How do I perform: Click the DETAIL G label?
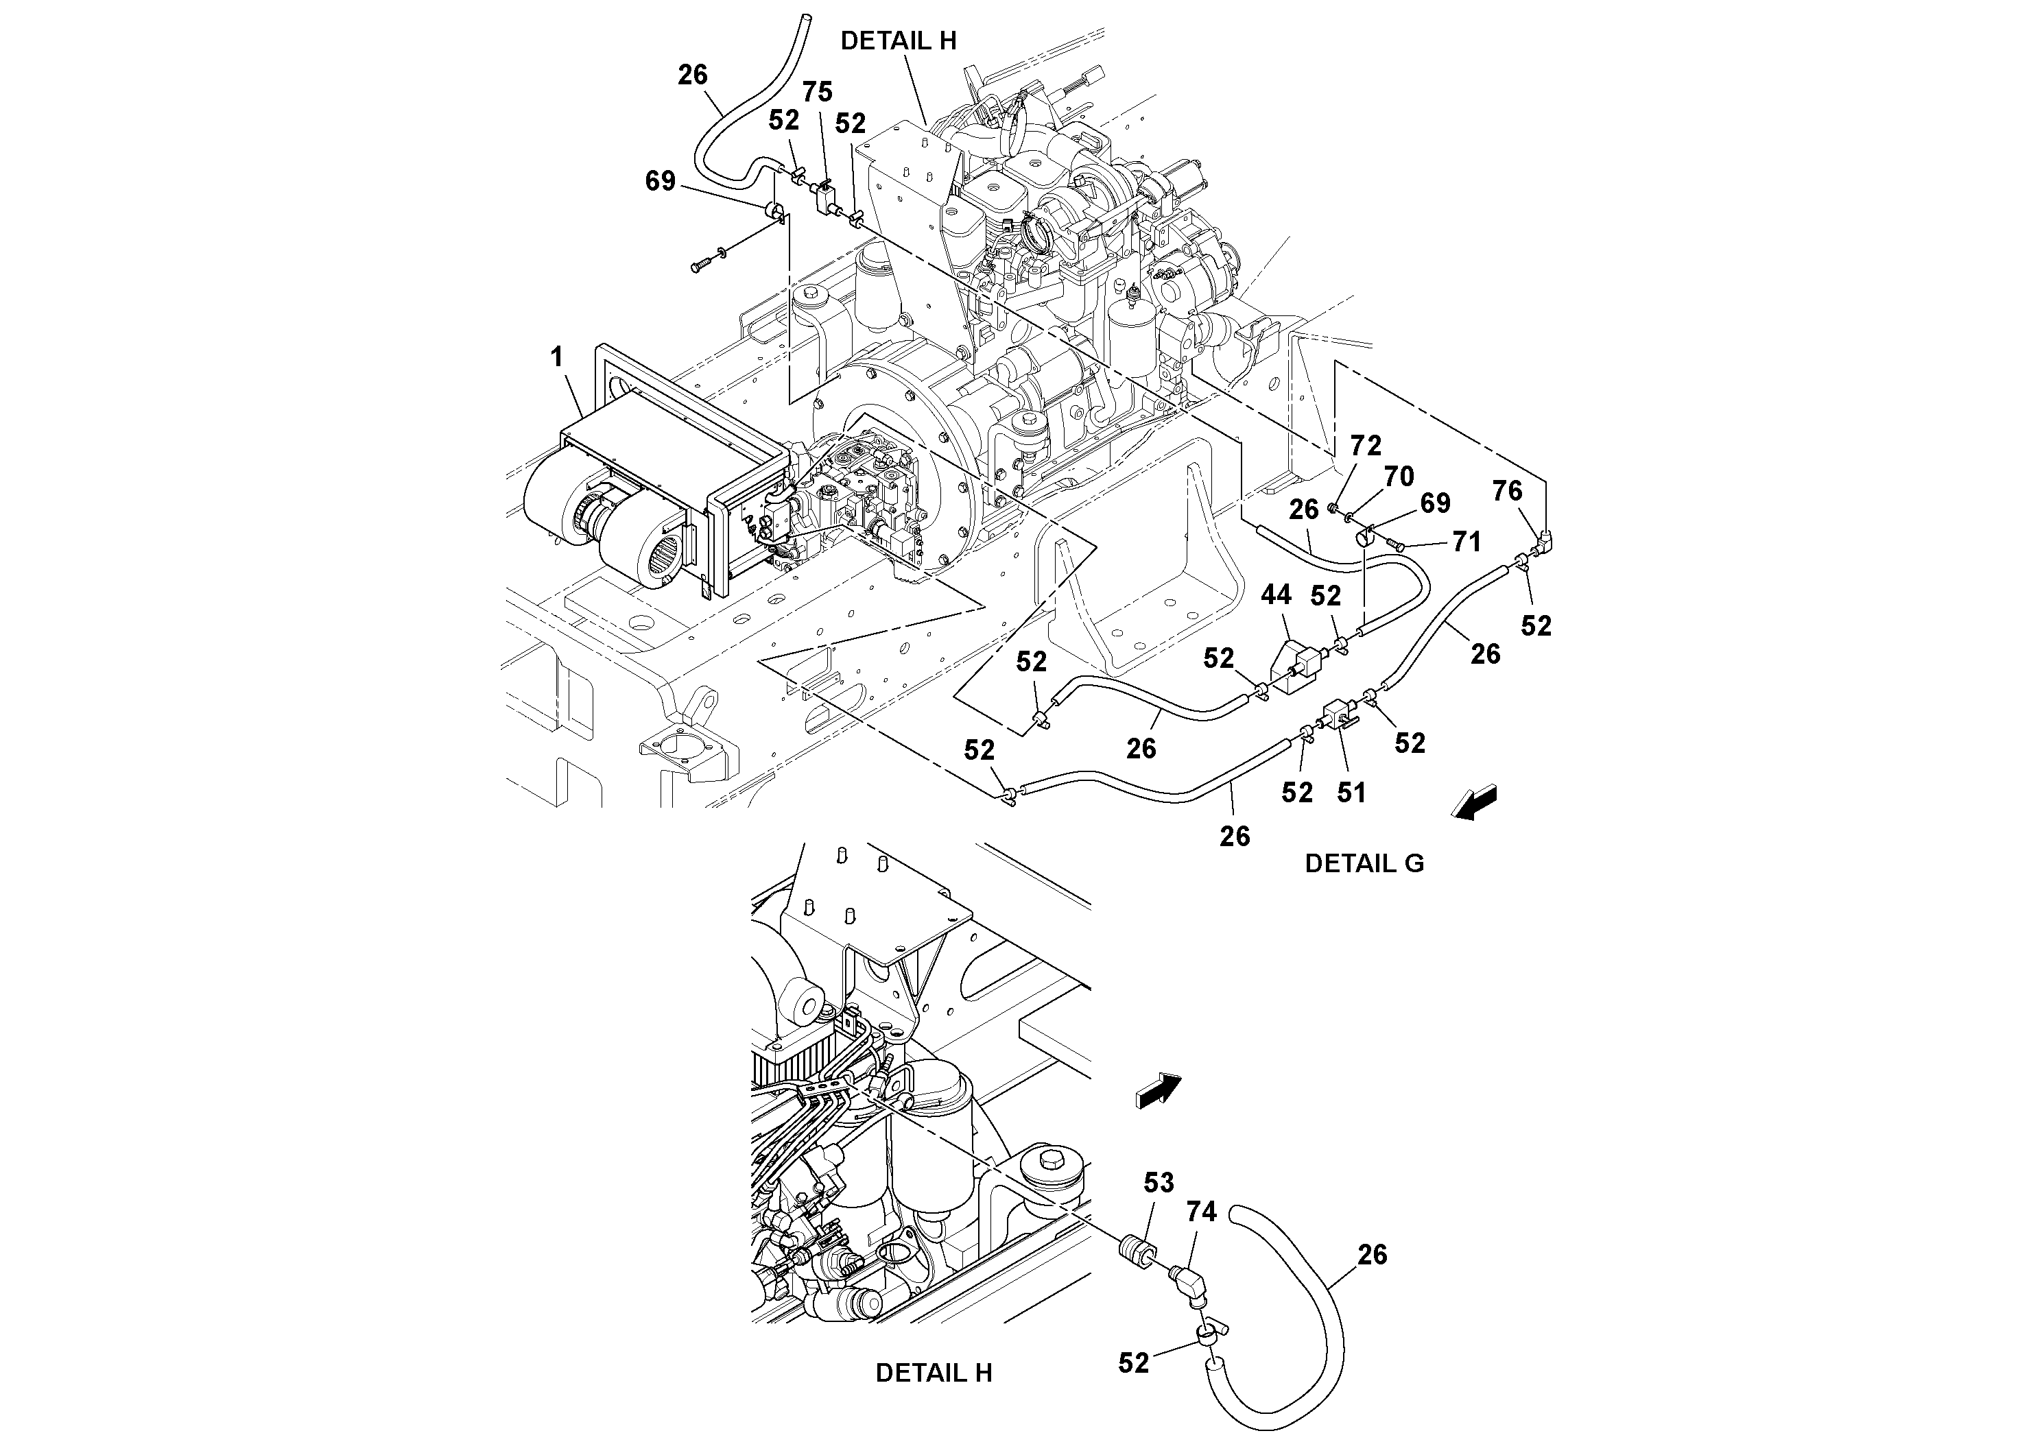coord(1364,863)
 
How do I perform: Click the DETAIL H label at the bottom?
coord(933,1373)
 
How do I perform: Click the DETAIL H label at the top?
coord(899,41)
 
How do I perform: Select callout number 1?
coord(557,357)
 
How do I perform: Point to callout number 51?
coord(1351,792)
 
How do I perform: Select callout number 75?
coord(818,92)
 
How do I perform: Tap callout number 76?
coord(1506,491)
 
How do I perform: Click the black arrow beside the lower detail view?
coord(1158,1091)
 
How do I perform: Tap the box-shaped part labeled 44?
coord(1295,664)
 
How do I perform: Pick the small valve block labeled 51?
coord(1340,714)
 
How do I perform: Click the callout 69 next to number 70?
coord(1434,503)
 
